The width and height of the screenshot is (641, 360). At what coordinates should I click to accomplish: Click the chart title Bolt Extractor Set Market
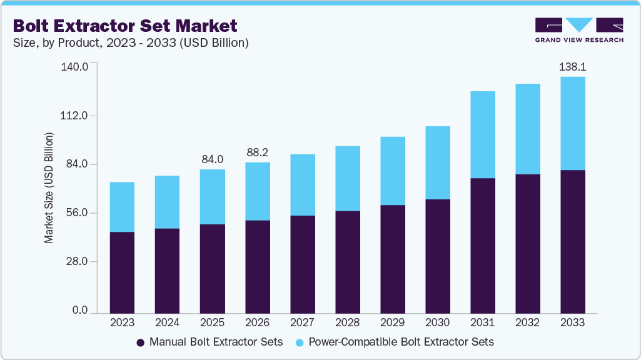click(x=125, y=26)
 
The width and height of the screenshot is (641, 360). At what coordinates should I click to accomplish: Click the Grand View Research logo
click(x=579, y=30)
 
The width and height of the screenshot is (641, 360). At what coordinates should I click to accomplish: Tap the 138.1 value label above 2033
click(x=573, y=66)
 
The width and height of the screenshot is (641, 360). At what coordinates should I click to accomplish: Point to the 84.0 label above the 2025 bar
click(x=213, y=159)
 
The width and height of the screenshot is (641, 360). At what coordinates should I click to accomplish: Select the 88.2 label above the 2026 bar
click(x=258, y=152)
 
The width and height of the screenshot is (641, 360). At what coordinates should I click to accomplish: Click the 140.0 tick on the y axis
click(x=76, y=66)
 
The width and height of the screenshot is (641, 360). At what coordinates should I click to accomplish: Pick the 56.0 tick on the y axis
click(x=78, y=213)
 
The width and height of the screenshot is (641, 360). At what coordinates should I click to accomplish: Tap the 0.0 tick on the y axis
click(x=80, y=311)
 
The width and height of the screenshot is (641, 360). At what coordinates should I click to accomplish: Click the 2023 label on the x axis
click(x=122, y=322)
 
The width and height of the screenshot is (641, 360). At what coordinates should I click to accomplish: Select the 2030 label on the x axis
click(x=438, y=322)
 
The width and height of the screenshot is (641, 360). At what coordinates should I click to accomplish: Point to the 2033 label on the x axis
click(x=573, y=322)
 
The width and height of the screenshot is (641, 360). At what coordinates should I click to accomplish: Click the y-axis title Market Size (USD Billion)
click(x=49, y=187)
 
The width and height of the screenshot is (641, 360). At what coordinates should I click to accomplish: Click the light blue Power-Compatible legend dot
click(x=300, y=342)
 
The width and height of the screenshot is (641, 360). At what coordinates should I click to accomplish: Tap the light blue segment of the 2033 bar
click(x=573, y=123)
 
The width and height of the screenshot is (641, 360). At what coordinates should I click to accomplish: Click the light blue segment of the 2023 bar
click(x=122, y=207)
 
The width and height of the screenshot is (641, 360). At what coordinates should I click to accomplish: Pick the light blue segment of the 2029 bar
click(x=393, y=171)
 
